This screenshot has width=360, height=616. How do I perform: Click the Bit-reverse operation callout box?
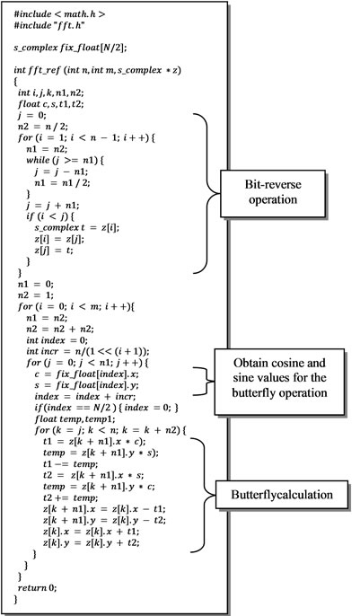[x=272, y=193]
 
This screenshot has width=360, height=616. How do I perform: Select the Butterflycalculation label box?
[x=282, y=494]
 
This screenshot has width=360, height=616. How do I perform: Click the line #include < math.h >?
[x=59, y=14]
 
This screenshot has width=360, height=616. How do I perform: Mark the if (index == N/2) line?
[x=107, y=408]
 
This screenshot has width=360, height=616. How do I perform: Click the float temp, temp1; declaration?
[x=66, y=418]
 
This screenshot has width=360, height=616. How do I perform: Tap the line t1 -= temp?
[x=70, y=464]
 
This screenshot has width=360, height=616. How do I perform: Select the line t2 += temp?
[x=70, y=497]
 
